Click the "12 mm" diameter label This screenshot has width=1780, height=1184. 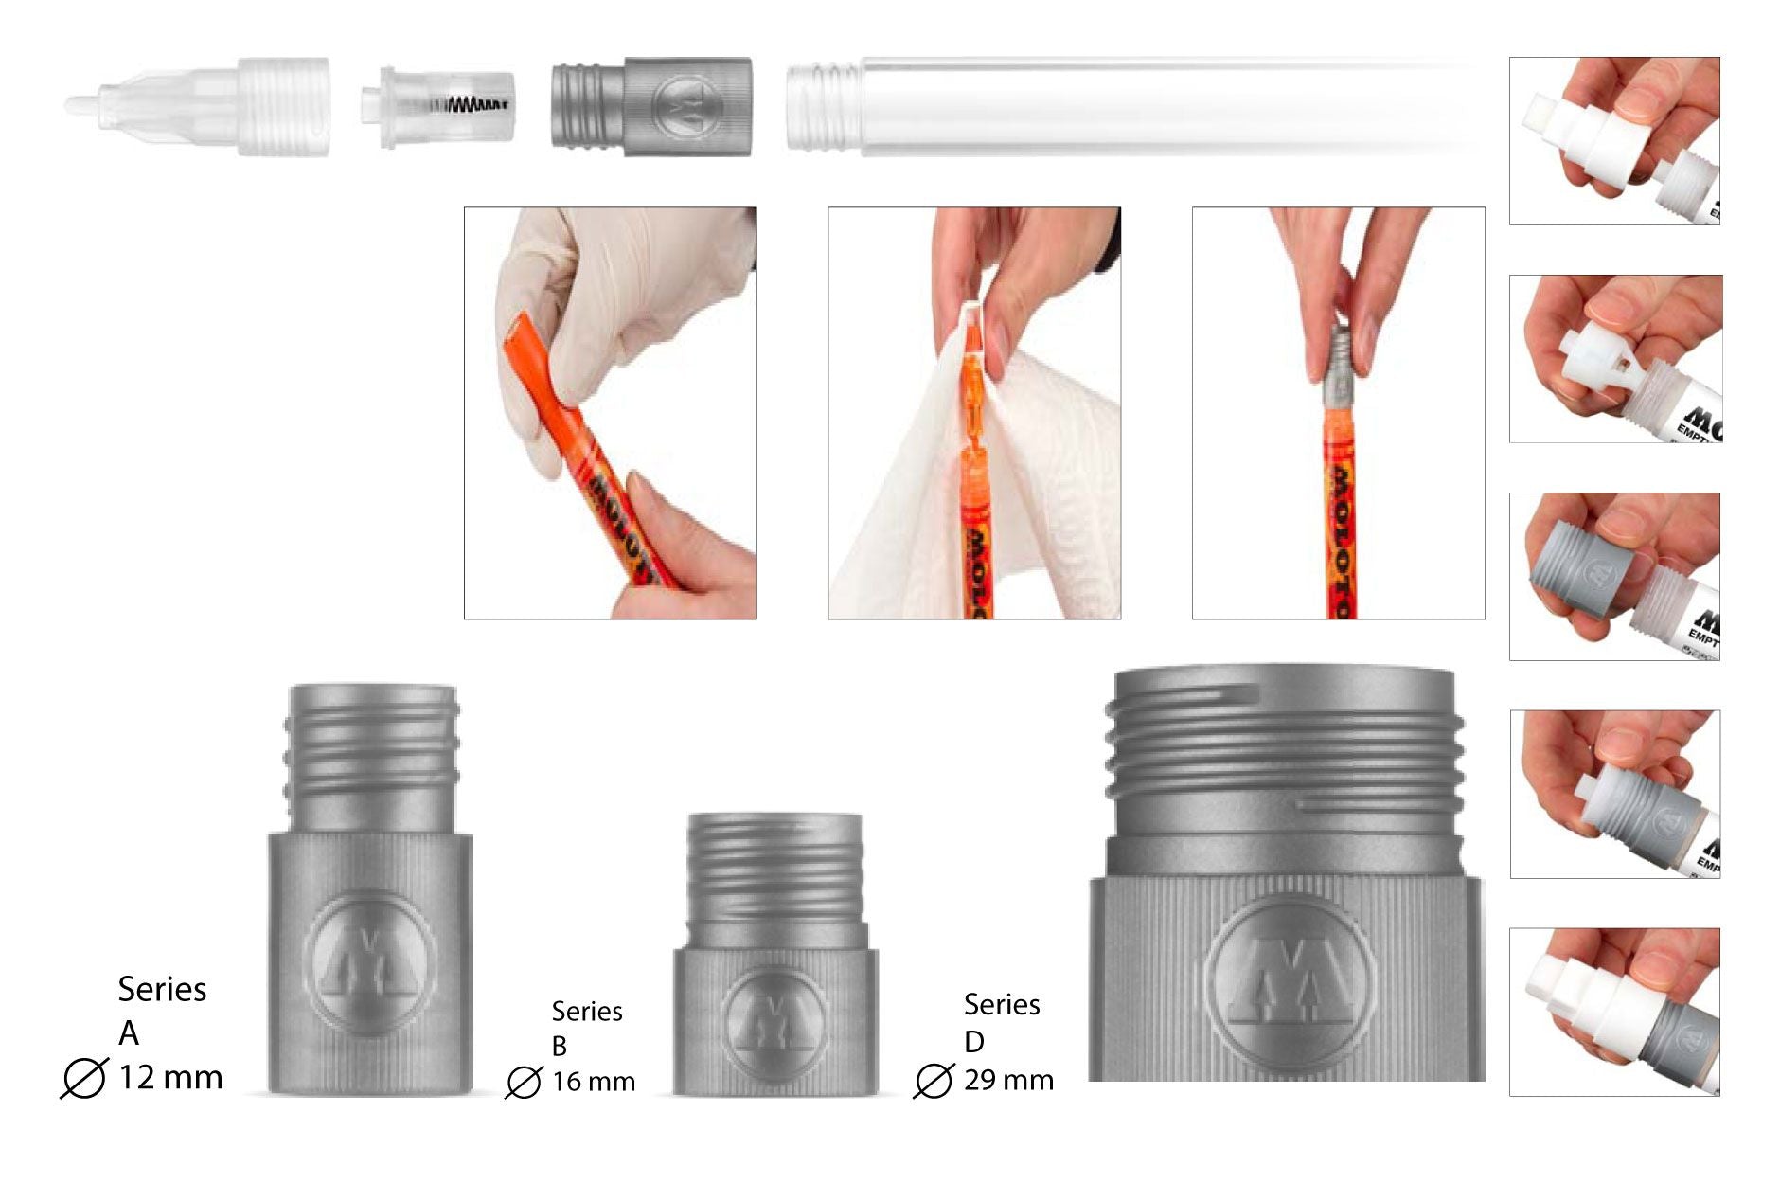tap(170, 1077)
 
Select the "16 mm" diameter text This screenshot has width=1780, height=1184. tap(594, 1082)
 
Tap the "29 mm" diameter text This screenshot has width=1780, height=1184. tap(1008, 1080)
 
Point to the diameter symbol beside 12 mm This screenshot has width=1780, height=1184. tap(83, 1078)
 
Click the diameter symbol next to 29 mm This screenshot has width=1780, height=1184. tap(934, 1080)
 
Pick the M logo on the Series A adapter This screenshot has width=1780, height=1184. tap(370, 957)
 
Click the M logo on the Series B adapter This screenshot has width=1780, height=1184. tap(774, 1021)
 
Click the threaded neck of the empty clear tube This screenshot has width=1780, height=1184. tap(821, 104)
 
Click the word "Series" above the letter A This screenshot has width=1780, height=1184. tap(162, 989)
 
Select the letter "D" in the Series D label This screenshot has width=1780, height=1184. tap(974, 1042)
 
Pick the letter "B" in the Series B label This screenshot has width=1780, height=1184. tap(560, 1047)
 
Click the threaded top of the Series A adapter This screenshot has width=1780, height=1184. tap(371, 748)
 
